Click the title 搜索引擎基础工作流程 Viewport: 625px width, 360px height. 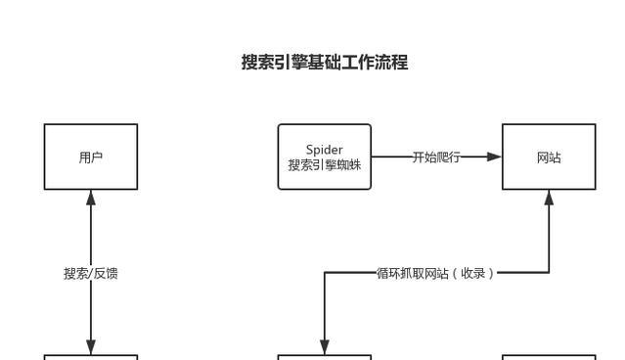coord(325,63)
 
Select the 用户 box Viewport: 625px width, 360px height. coord(91,157)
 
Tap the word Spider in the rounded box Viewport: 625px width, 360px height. coord(324,150)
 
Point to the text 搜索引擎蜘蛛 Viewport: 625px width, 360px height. coord(324,165)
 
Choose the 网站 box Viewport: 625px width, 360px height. coord(549,157)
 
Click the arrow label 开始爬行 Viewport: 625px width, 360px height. coord(435,157)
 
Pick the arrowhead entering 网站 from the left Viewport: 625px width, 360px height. coord(495,157)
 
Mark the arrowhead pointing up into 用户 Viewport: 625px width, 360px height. coord(91,197)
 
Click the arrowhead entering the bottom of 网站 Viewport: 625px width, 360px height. coord(549,197)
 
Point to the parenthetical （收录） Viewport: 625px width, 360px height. coord(473,273)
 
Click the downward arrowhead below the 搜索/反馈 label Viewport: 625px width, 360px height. coord(91,347)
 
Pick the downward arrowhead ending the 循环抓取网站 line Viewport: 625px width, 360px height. coord(325,347)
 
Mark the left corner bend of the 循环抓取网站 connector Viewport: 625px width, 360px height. coord(325,273)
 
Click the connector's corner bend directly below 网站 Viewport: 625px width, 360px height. coord(549,273)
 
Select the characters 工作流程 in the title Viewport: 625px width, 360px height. coord(375,63)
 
